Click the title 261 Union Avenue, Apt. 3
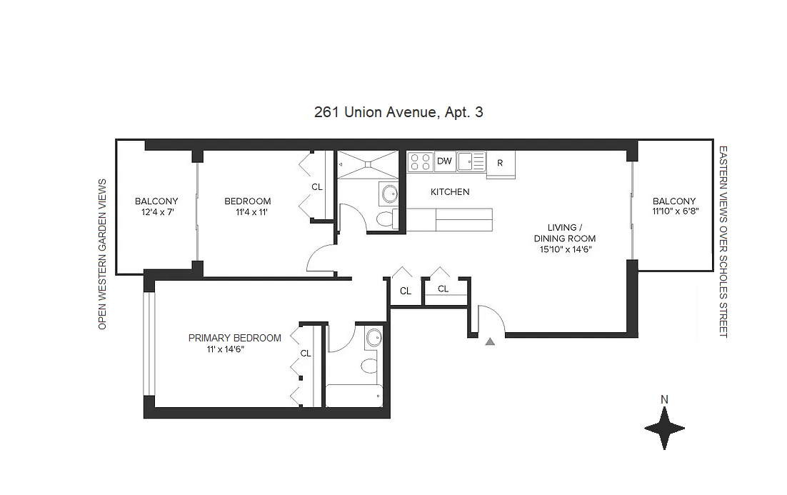click(x=398, y=112)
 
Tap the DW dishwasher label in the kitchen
click(x=444, y=161)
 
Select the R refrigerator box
click(x=500, y=163)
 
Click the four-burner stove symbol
click(x=420, y=162)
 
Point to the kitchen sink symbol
click(x=471, y=161)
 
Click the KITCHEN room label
click(x=450, y=191)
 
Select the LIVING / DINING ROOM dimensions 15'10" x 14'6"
click(x=566, y=249)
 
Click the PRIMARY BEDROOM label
click(x=235, y=338)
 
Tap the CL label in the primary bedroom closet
click(x=306, y=353)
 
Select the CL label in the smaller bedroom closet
click(x=317, y=186)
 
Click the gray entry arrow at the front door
click(x=490, y=342)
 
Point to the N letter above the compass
click(x=664, y=400)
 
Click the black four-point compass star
click(x=664, y=429)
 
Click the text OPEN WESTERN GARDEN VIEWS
click(x=102, y=254)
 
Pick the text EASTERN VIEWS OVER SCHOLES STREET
click(x=723, y=242)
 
